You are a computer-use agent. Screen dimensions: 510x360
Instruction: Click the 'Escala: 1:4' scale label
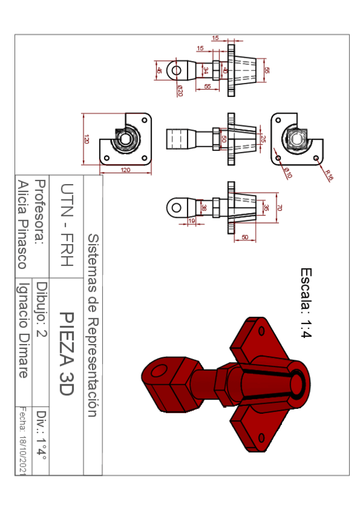coord(304,304)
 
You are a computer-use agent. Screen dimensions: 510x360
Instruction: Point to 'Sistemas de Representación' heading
coord(93,325)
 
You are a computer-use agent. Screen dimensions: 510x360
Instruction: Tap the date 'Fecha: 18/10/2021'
coord(22,442)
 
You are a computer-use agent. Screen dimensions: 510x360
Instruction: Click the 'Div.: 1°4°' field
coord(41,437)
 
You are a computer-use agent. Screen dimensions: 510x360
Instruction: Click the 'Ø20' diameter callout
coord(180,90)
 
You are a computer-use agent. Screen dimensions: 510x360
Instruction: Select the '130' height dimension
coord(87,139)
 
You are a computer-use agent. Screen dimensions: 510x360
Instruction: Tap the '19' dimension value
coord(192,222)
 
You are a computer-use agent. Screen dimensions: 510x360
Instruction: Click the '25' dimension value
coord(263,139)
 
